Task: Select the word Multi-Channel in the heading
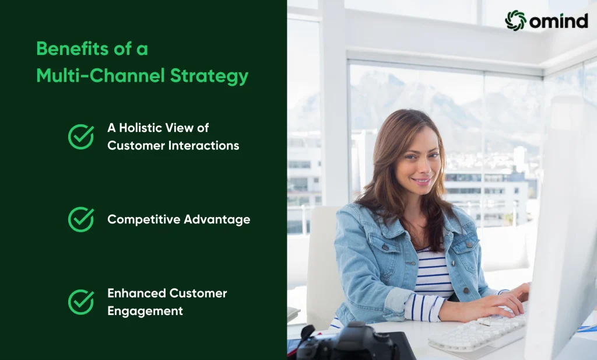pos(100,75)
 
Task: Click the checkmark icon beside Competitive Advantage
pos(81,219)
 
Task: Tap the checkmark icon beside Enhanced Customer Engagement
pos(81,302)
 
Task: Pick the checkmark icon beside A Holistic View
pos(81,137)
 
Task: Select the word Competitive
pos(143,220)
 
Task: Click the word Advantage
pos(217,220)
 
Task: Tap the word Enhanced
pos(136,293)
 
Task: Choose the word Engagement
pos(145,311)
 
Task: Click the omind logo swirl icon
pos(515,20)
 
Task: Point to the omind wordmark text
pos(559,20)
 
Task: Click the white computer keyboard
pos(479,333)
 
